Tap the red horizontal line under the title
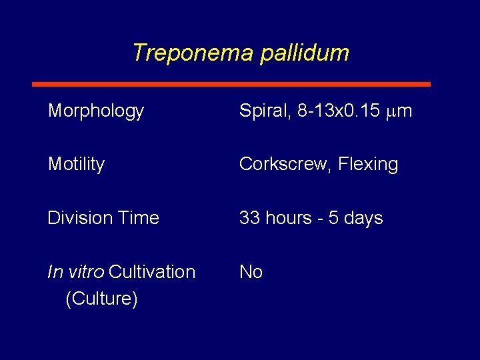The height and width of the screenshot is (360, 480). point(231,85)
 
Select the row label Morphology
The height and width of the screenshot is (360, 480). point(96,111)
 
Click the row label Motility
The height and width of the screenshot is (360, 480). point(76,164)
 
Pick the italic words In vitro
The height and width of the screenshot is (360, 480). point(76,272)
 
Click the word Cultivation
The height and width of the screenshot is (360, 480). point(152,272)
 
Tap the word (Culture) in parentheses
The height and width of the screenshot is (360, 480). point(101,299)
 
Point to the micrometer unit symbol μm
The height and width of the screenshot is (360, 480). point(399,111)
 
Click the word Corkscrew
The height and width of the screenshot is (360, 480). point(285,164)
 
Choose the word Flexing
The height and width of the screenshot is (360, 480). point(368,165)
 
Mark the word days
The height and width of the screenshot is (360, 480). point(362,219)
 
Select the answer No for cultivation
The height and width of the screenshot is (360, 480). point(251,272)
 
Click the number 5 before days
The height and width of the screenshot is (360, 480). point(331,218)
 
